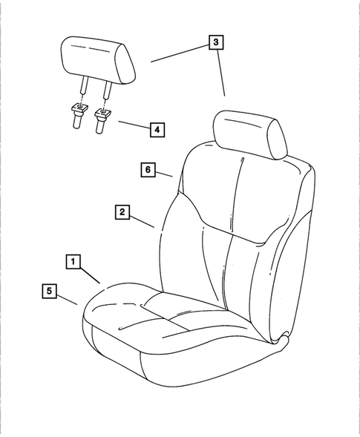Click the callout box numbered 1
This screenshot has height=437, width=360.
(x=73, y=261)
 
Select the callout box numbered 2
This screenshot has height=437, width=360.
(x=122, y=212)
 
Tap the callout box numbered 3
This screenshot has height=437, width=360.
(x=215, y=43)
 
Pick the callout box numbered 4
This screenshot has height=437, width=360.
(x=156, y=129)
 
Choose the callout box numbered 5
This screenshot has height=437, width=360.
(x=48, y=292)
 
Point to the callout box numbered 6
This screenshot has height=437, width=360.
(x=148, y=170)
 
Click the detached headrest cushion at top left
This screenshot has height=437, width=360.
(x=97, y=59)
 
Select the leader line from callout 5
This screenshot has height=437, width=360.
(x=68, y=299)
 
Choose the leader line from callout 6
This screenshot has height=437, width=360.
(x=166, y=174)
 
